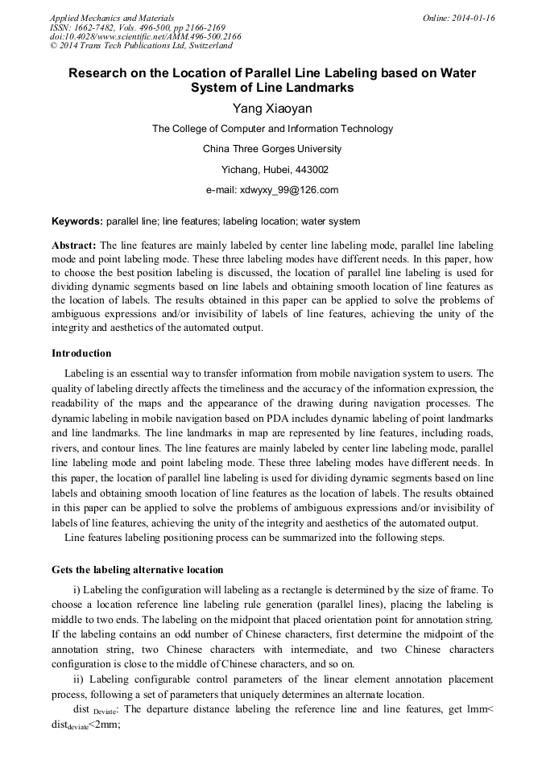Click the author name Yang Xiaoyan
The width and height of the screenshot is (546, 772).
click(272, 109)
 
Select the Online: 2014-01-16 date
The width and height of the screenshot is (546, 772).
click(459, 18)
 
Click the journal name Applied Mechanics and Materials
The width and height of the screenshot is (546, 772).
click(112, 18)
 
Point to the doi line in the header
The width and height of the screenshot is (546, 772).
click(145, 37)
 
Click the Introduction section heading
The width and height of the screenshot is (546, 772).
click(81, 353)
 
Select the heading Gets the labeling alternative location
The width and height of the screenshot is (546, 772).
click(137, 569)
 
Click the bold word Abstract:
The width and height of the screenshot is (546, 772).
click(74, 245)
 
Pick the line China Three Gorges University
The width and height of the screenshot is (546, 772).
click(272, 149)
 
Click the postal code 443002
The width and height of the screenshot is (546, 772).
click(311, 170)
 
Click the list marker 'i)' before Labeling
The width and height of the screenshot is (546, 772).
click(77, 590)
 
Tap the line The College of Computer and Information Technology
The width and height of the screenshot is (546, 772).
click(272, 129)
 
